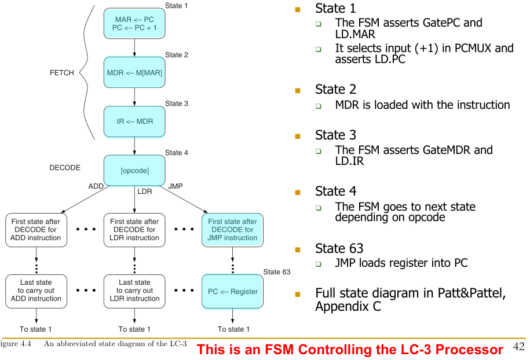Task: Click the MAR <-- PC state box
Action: tap(134, 24)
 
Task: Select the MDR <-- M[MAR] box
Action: tap(134, 73)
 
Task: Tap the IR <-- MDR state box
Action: tap(134, 122)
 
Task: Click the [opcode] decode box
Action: tap(134, 171)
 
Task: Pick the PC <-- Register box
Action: tap(233, 291)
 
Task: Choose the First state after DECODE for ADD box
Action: tap(36, 230)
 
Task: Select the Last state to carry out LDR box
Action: tap(134, 291)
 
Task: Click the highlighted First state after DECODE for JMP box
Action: tap(233, 230)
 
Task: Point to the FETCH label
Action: tap(62, 73)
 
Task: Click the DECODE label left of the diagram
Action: tap(65, 168)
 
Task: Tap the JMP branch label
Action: tap(175, 186)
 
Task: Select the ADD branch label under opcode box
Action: tap(96, 186)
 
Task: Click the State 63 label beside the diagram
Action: tap(277, 272)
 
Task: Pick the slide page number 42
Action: tap(519, 347)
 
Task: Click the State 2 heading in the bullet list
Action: tap(335, 89)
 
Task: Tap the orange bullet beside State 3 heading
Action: tap(298, 136)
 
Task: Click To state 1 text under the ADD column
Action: tap(36, 329)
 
